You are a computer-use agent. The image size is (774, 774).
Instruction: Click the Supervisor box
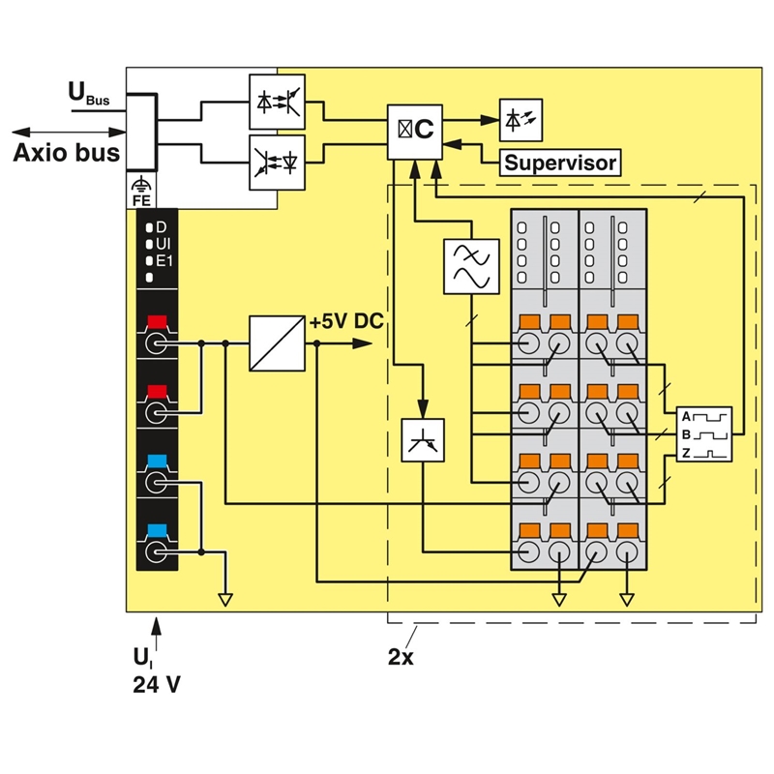[x=560, y=163]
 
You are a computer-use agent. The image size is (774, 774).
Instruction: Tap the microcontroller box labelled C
[x=415, y=132]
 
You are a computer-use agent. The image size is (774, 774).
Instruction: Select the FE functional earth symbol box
[x=141, y=191]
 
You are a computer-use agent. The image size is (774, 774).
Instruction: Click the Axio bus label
[x=66, y=153]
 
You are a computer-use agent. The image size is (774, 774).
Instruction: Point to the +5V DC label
[x=346, y=321]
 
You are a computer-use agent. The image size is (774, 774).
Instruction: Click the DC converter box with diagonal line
[x=277, y=343]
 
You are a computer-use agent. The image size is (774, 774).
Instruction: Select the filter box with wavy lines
[x=471, y=267]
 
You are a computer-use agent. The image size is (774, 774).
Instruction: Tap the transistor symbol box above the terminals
[x=423, y=440]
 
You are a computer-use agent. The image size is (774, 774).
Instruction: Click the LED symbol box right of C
[x=521, y=120]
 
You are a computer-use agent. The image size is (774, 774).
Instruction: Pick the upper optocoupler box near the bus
[x=277, y=103]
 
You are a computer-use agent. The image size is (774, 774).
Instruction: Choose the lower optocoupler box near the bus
[x=277, y=163]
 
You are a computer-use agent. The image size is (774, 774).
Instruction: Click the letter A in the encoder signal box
[x=686, y=417]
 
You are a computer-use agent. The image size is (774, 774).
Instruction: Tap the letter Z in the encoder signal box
[x=686, y=452]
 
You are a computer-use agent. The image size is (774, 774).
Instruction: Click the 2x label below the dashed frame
[x=401, y=657]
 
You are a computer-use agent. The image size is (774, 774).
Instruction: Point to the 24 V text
[x=157, y=685]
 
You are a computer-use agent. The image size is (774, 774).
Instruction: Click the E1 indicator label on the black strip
[x=164, y=260]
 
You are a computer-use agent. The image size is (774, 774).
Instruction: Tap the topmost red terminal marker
[x=157, y=322]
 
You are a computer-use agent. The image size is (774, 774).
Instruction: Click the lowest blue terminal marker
[x=157, y=530]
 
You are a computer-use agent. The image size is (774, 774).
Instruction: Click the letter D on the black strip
[x=162, y=227]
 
